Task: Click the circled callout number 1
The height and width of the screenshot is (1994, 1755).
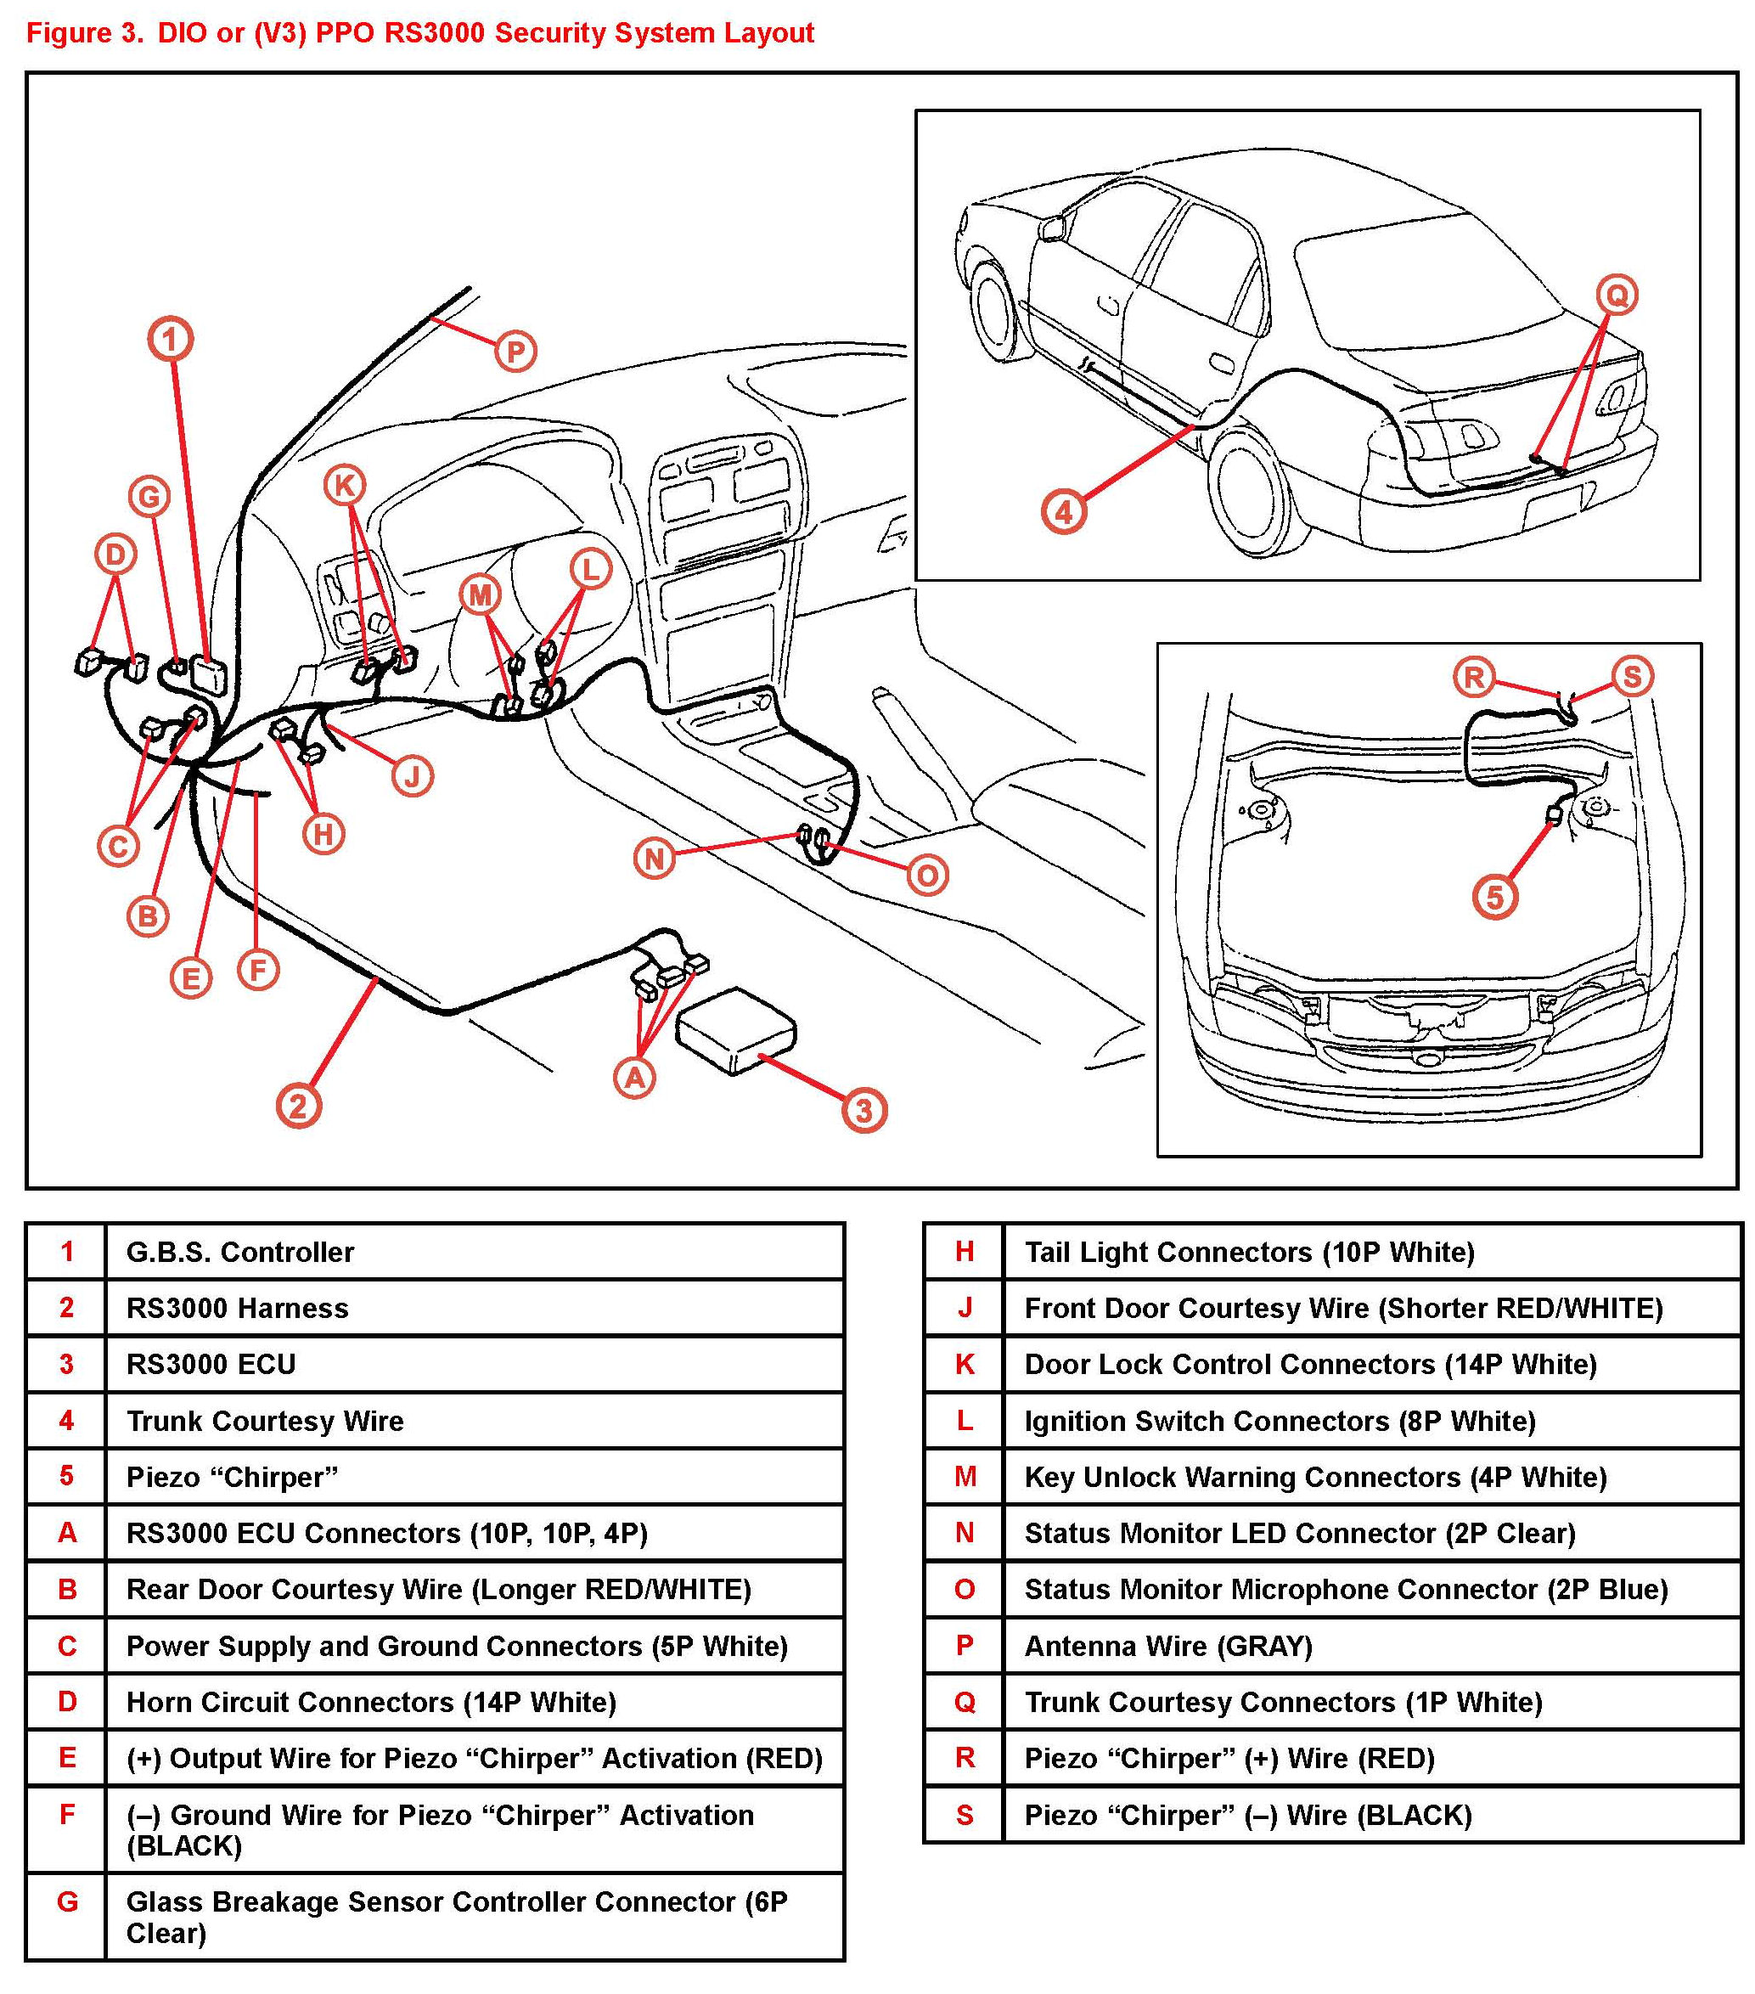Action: (171, 340)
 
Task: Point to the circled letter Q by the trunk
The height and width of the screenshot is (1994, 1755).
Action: (1617, 295)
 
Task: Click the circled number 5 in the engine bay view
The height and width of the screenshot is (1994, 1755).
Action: (1494, 897)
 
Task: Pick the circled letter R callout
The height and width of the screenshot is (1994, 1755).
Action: (1474, 676)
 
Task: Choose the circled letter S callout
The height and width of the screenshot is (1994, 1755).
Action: (1632, 676)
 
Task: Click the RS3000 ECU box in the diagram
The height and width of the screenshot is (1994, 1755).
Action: (735, 1030)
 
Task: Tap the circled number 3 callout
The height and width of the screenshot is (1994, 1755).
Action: (864, 1110)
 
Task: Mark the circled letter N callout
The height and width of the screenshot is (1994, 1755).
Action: (655, 859)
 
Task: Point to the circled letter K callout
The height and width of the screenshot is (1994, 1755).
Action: (345, 485)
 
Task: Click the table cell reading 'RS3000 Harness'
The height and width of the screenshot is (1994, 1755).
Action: (237, 1308)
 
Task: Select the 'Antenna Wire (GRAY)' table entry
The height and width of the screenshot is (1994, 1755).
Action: (1167, 1647)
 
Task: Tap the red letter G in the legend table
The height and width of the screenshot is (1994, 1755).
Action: (66, 1902)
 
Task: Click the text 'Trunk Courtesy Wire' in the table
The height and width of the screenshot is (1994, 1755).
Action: (264, 1422)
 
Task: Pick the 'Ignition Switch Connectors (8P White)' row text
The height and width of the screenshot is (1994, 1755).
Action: (1279, 1422)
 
